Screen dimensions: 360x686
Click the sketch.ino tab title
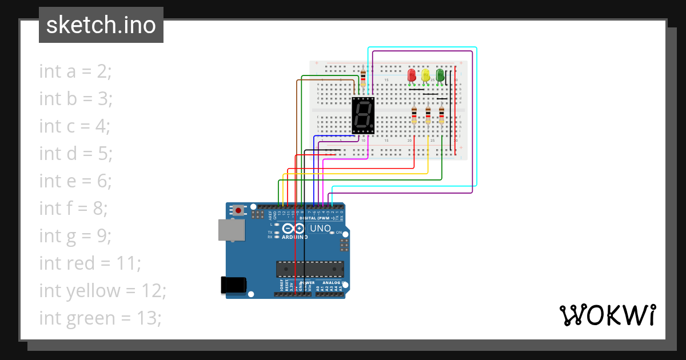(x=101, y=25)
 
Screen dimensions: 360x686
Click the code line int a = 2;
(x=75, y=71)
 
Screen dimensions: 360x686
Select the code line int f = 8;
(x=73, y=209)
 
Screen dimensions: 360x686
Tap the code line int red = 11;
(x=90, y=263)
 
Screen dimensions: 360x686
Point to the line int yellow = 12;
(x=102, y=291)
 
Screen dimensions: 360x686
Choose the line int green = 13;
(x=100, y=318)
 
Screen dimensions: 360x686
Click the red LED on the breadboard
(x=411, y=75)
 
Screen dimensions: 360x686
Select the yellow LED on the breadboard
(x=425, y=75)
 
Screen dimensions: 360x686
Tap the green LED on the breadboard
(x=440, y=75)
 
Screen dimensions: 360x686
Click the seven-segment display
(x=363, y=115)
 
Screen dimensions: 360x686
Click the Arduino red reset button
(x=238, y=211)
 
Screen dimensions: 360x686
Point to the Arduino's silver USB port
(x=231, y=229)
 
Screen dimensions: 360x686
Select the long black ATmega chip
(x=310, y=269)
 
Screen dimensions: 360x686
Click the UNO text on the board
(x=320, y=229)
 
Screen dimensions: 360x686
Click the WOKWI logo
(x=607, y=315)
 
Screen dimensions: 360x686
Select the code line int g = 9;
(x=75, y=236)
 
